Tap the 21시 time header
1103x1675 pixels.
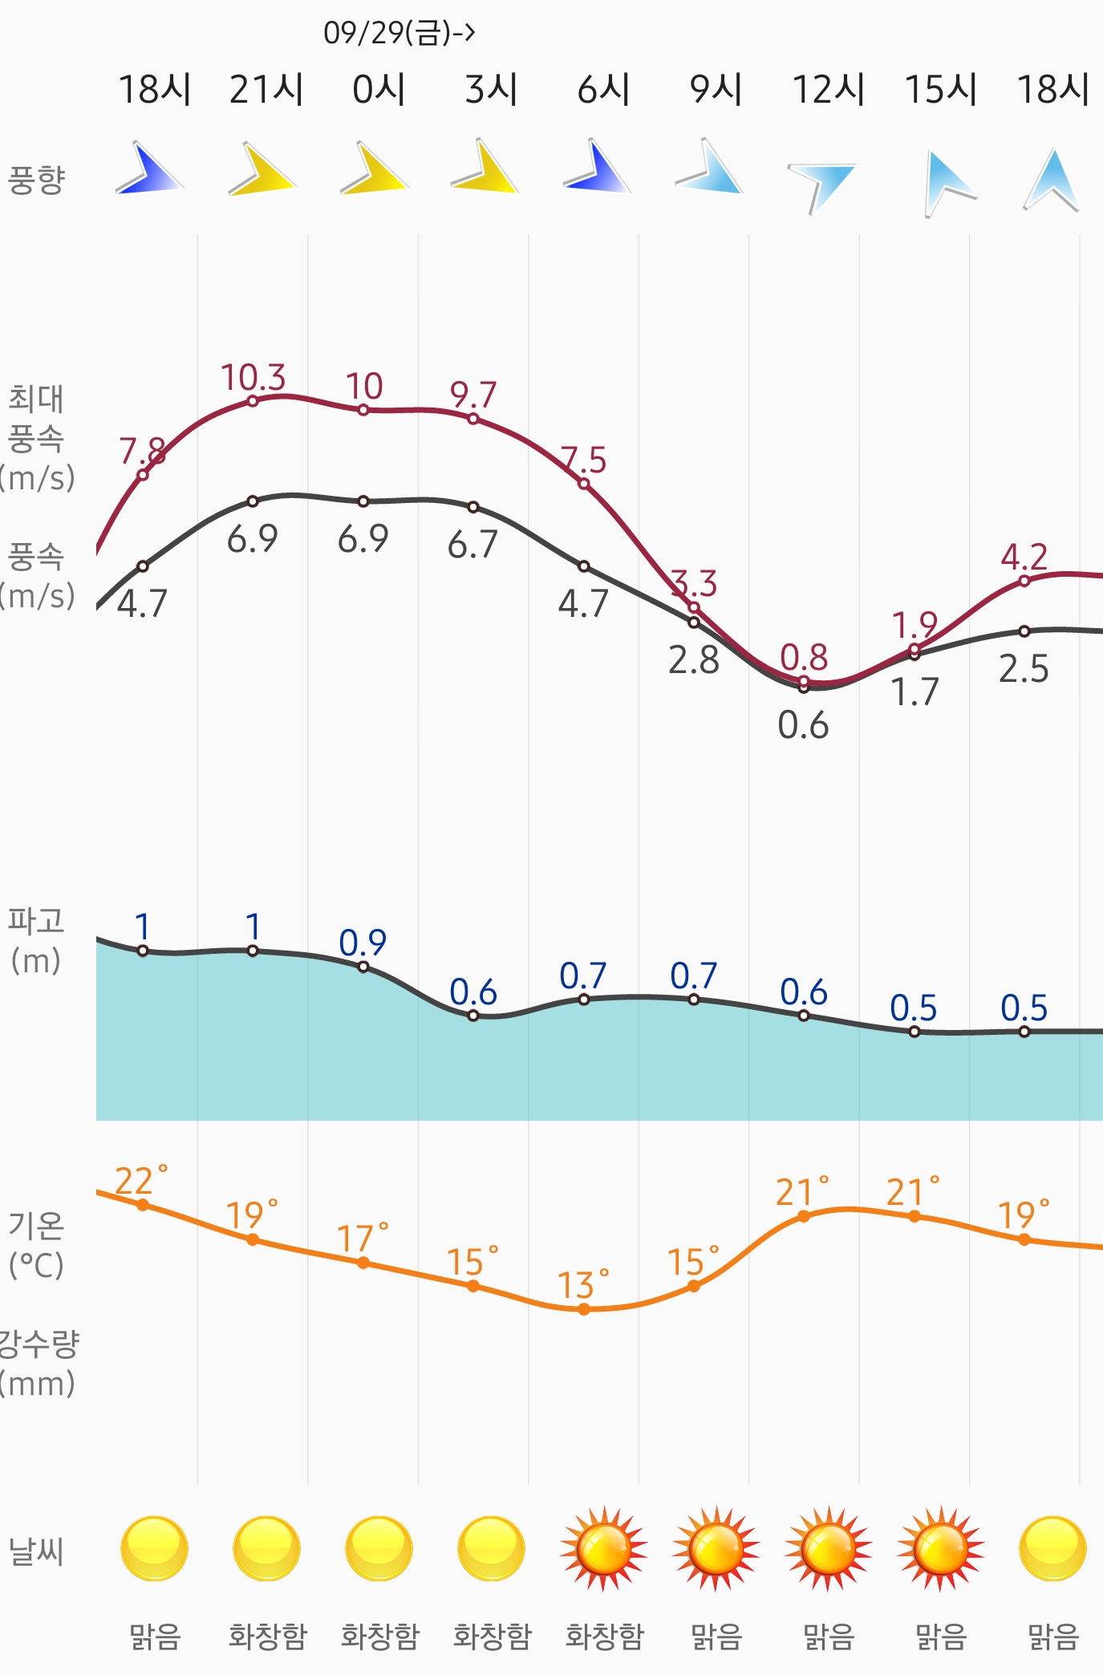(x=266, y=89)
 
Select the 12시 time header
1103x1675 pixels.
(x=829, y=89)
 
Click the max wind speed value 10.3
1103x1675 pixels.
(x=253, y=376)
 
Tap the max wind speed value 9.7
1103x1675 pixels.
(x=472, y=395)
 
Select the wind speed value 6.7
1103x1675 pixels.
(x=472, y=545)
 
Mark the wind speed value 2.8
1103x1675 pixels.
(x=694, y=660)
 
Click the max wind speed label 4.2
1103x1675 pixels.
(x=1024, y=557)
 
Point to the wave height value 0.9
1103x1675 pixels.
(x=363, y=943)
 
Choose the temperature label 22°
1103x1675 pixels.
(x=140, y=1180)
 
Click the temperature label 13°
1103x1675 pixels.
(x=582, y=1284)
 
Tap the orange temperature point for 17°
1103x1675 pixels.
(x=363, y=1263)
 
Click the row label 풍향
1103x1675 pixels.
(x=36, y=180)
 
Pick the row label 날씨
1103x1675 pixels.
(x=36, y=1551)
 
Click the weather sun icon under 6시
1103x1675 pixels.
(x=603, y=1548)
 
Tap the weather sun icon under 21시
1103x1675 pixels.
(x=266, y=1548)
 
